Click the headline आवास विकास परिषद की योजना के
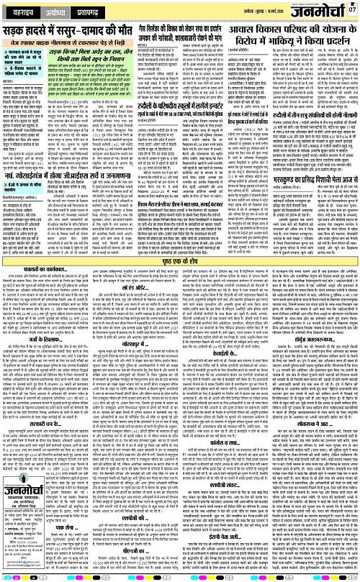(295, 32)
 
